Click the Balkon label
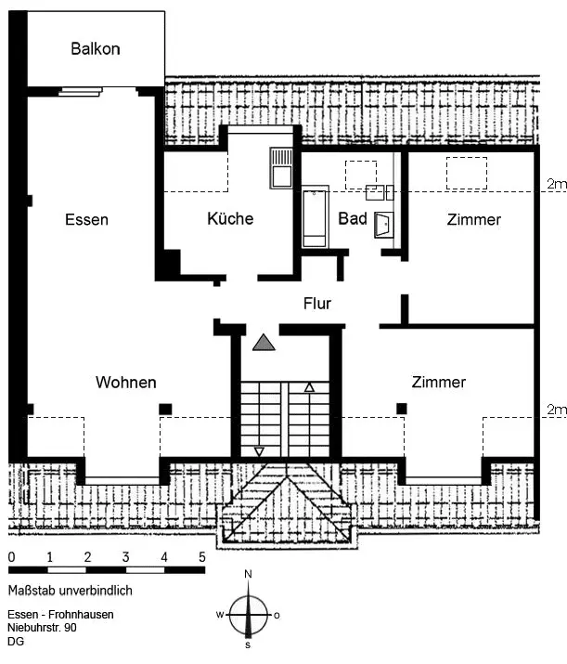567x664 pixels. coord(96,48)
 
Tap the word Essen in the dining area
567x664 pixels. coord(86,219)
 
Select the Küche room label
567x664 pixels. coord(230,218)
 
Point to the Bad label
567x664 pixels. coord(353,218)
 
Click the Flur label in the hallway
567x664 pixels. coord(317,303)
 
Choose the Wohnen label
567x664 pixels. coord(126,382)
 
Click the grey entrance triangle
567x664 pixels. coord(264,342)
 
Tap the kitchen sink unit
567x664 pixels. coord(281,168)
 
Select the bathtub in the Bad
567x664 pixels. coord(316,216)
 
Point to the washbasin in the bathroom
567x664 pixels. coord(384,225)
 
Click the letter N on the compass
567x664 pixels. coord(249,574)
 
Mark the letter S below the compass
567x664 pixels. coord(248,645)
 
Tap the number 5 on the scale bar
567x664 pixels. coord(202,557)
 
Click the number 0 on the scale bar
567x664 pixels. coord(11,557)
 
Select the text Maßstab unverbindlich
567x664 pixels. coord(71,591)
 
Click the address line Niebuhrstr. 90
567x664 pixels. coord(43,627)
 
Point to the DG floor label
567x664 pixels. coord(16,641)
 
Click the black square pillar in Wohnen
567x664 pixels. coord(165,409)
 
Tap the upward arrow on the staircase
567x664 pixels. coord(309,387)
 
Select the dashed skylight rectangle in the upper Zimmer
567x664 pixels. coord(466,174)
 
